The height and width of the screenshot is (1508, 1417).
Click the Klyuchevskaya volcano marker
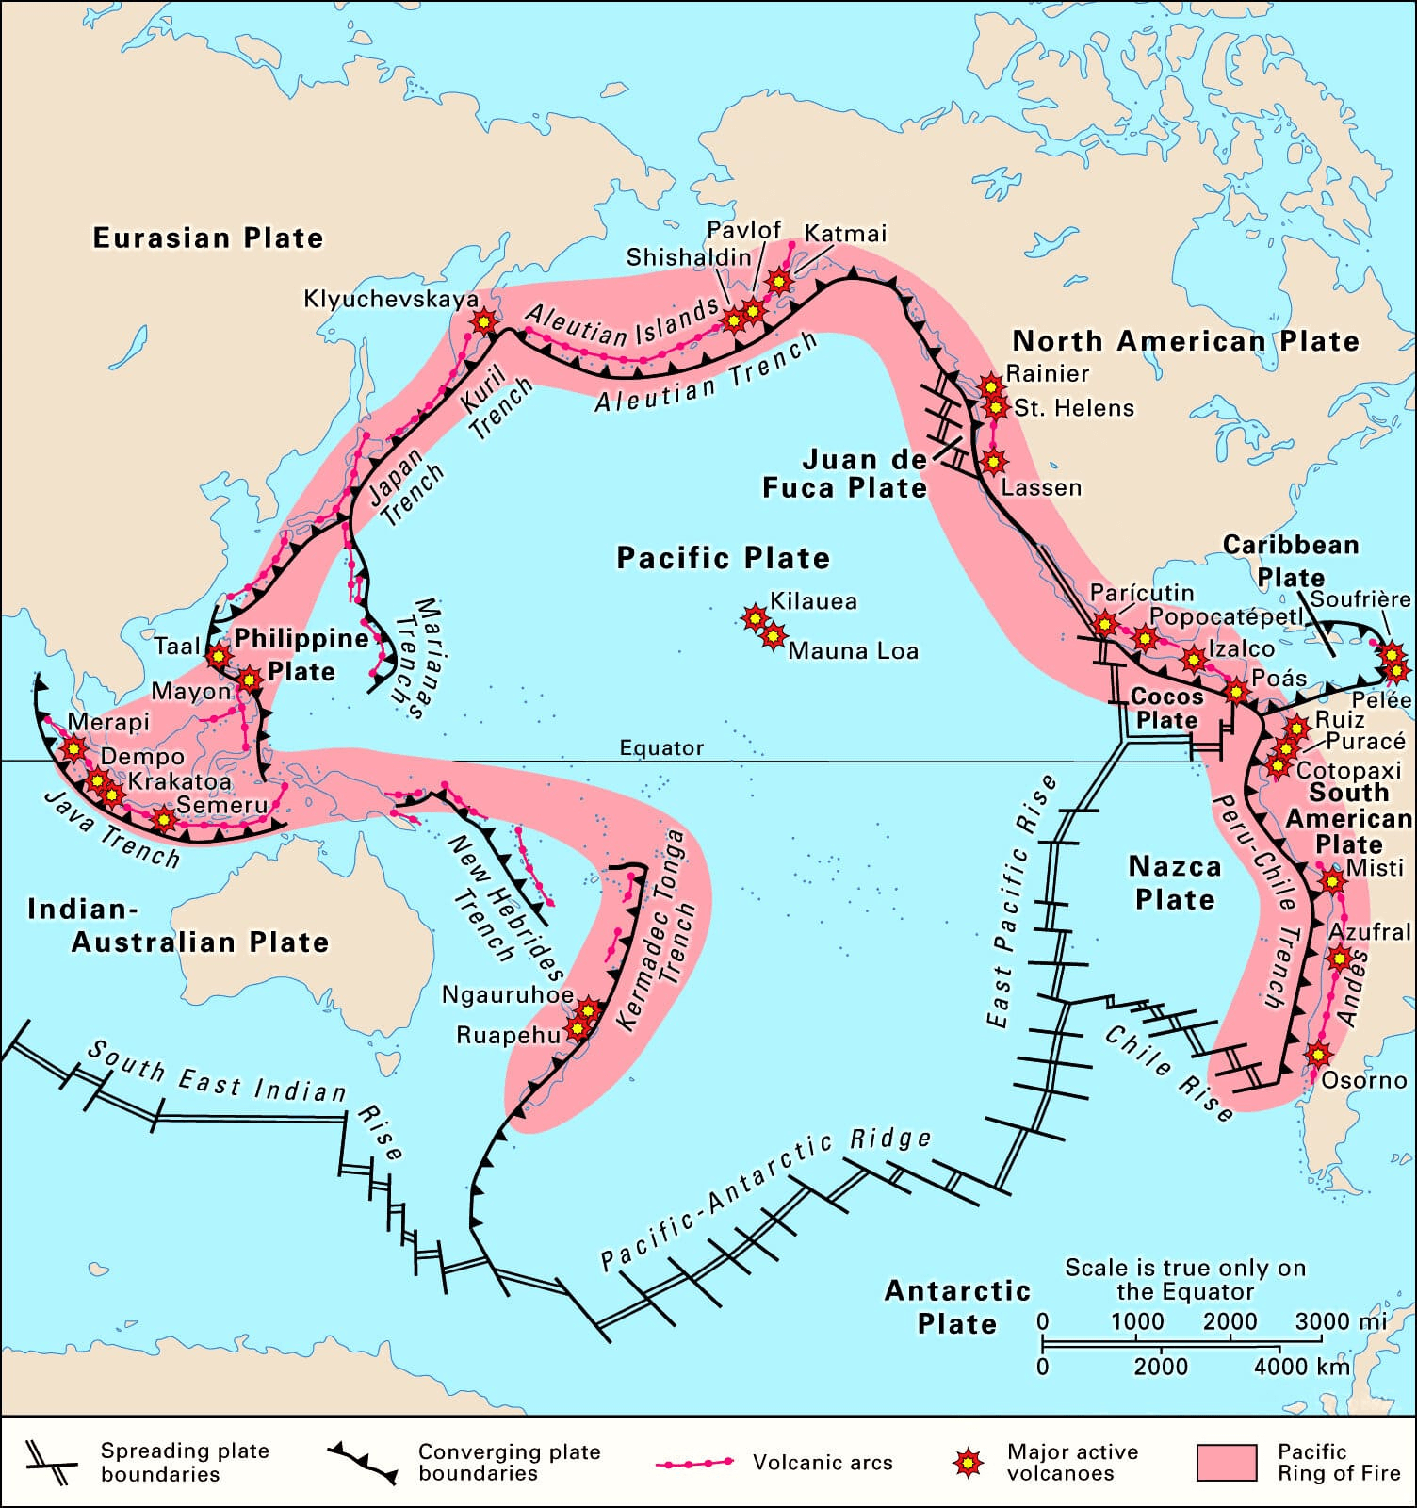coord(483,321)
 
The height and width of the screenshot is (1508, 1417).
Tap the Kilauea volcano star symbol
coord(755,618)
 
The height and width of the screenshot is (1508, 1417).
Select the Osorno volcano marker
coord(1318,1055)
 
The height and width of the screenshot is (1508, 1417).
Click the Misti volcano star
coord(1332,881)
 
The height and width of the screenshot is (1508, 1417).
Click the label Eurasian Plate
coord(207,238)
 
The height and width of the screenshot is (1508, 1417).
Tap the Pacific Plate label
coord(723,558)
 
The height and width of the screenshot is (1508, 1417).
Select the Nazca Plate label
coord(1174,882)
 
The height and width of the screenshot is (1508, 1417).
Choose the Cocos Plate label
coord(1166,708)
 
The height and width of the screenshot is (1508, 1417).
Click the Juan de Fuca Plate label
coord(844,474)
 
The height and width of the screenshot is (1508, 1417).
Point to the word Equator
coord(661,747)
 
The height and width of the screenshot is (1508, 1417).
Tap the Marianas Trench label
coord(415,657)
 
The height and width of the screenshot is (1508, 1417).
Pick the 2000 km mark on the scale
coord(1161,1366)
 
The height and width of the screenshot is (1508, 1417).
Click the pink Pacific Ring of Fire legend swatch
coord(1226,1463)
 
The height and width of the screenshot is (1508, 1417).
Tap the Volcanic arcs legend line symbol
coord(694,1463)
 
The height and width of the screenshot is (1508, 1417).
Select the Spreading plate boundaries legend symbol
coord(51,1463)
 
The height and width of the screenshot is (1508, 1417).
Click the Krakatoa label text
coord(179,781)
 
